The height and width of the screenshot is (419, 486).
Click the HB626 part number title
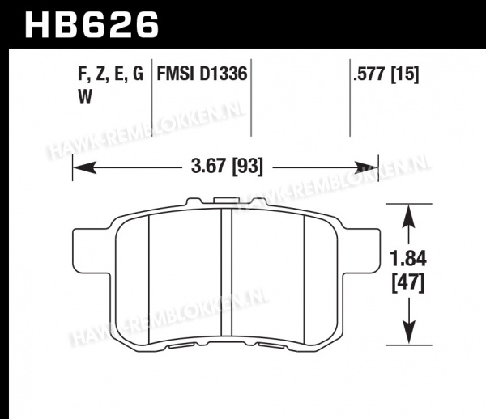pos(92,24)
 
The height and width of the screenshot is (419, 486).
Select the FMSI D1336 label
pos(202,74)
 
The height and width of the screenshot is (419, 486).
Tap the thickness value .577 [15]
pos(386,74)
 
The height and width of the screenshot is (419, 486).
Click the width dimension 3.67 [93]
pos(227,166)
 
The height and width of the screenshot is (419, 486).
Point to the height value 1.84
pos(408,259)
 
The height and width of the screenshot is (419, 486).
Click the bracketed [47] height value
pos(408,284)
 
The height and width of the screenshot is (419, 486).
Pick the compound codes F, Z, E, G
pos(110,74)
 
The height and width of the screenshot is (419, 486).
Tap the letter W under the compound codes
pos(85,96)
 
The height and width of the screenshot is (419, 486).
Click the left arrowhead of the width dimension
pos(84,167)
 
